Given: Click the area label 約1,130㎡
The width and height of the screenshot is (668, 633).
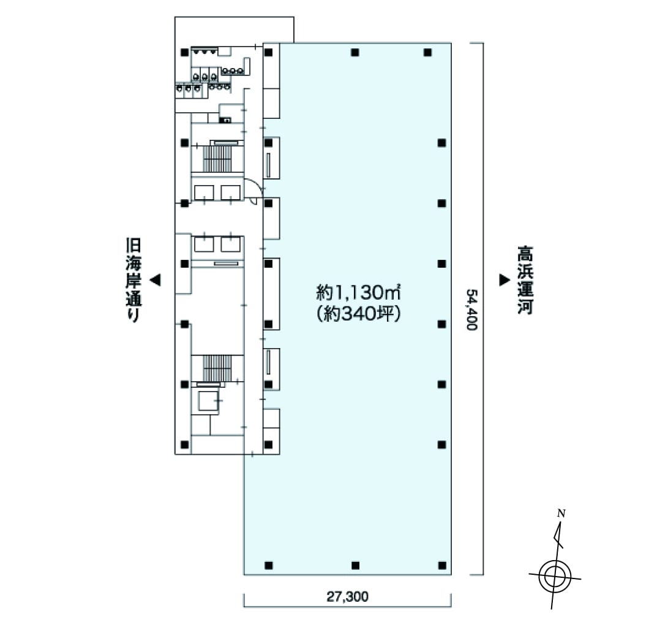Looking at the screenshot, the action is (358, 290).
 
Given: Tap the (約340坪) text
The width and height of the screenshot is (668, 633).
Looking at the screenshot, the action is (358, 315).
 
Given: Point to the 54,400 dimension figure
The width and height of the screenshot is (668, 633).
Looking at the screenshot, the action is (471, 310).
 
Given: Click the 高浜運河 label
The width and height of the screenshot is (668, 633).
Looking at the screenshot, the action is (524, 279).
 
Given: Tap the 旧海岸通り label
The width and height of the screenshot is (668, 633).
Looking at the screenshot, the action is (133, 279).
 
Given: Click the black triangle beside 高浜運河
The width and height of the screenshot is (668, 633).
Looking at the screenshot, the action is (504, 280).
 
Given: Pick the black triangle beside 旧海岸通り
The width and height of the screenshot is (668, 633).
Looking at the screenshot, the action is (156, 280).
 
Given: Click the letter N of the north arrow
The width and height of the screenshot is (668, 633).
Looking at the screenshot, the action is (560, 514).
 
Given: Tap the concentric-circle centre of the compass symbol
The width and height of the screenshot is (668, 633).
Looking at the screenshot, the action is (554, 576).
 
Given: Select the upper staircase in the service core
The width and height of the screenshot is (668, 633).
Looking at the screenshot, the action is (217, 156).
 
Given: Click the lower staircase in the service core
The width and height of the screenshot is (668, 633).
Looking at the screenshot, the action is (217, 368).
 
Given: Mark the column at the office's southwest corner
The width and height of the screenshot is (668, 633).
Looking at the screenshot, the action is (268, 565).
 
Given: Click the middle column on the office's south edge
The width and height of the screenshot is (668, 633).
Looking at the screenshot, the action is (355, 565).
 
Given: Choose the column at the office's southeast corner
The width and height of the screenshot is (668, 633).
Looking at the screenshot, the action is (441, 565).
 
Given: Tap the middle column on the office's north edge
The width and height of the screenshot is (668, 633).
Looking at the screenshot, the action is (355, 53).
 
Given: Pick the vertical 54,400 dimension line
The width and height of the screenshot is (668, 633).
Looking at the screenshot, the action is (484, 309).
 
